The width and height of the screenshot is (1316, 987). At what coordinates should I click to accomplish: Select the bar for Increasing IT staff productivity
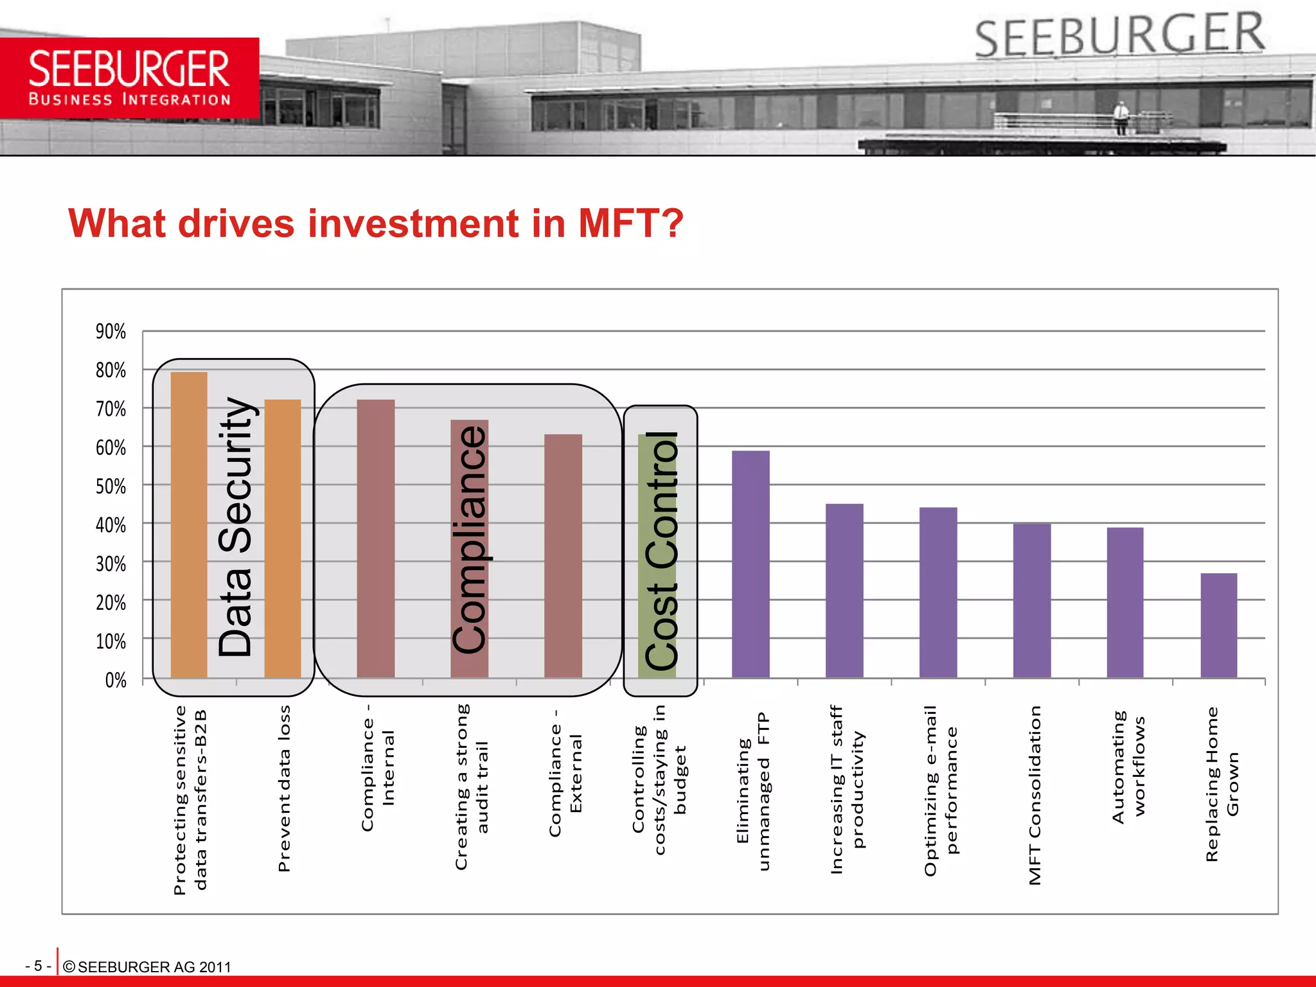pos(844,591)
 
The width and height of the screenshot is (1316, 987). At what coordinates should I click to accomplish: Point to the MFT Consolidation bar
pos(1032,600)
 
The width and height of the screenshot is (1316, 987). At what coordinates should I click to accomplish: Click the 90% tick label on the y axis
pos(111,332)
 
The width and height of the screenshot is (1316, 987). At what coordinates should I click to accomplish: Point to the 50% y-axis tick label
pos(111,486)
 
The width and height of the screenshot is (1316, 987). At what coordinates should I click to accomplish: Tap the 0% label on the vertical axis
pos(116,680)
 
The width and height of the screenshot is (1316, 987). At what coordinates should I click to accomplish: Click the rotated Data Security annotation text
pos(235,527)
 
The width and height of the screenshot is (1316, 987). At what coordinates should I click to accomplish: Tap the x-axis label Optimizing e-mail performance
pos(941,790)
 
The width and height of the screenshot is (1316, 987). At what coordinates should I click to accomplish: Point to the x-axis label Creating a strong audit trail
pos(472,787)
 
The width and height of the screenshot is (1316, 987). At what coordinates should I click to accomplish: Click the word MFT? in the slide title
pos(630,223)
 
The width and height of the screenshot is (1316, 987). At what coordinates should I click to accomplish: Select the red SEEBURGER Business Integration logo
pos(129,78)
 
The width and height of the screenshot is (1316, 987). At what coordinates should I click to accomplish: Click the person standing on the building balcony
pos(1121,118)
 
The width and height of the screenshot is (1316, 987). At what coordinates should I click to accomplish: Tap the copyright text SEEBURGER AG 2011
pos(147,967)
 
